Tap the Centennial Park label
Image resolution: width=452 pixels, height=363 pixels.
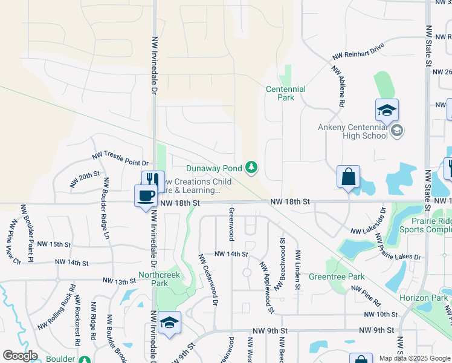click(x=286, y=93)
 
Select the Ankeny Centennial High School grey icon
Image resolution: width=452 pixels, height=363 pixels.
click(x=397, y=131)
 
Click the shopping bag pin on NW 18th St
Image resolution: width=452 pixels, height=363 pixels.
click(x=349, y=177)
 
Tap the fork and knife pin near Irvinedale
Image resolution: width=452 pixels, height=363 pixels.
click(x=153, y=181)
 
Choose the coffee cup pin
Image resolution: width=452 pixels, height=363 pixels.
click(x=145, y=196)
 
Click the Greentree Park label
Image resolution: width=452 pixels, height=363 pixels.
click(x=337, y=276)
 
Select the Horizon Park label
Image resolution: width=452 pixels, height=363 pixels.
click(x=424, y=298)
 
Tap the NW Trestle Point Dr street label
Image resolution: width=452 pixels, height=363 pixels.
click(x=120, y=159)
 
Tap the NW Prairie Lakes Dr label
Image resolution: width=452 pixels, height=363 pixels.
click(x=398, y=246)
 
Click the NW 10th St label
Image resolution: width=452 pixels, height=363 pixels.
click(x=378, y=315)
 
